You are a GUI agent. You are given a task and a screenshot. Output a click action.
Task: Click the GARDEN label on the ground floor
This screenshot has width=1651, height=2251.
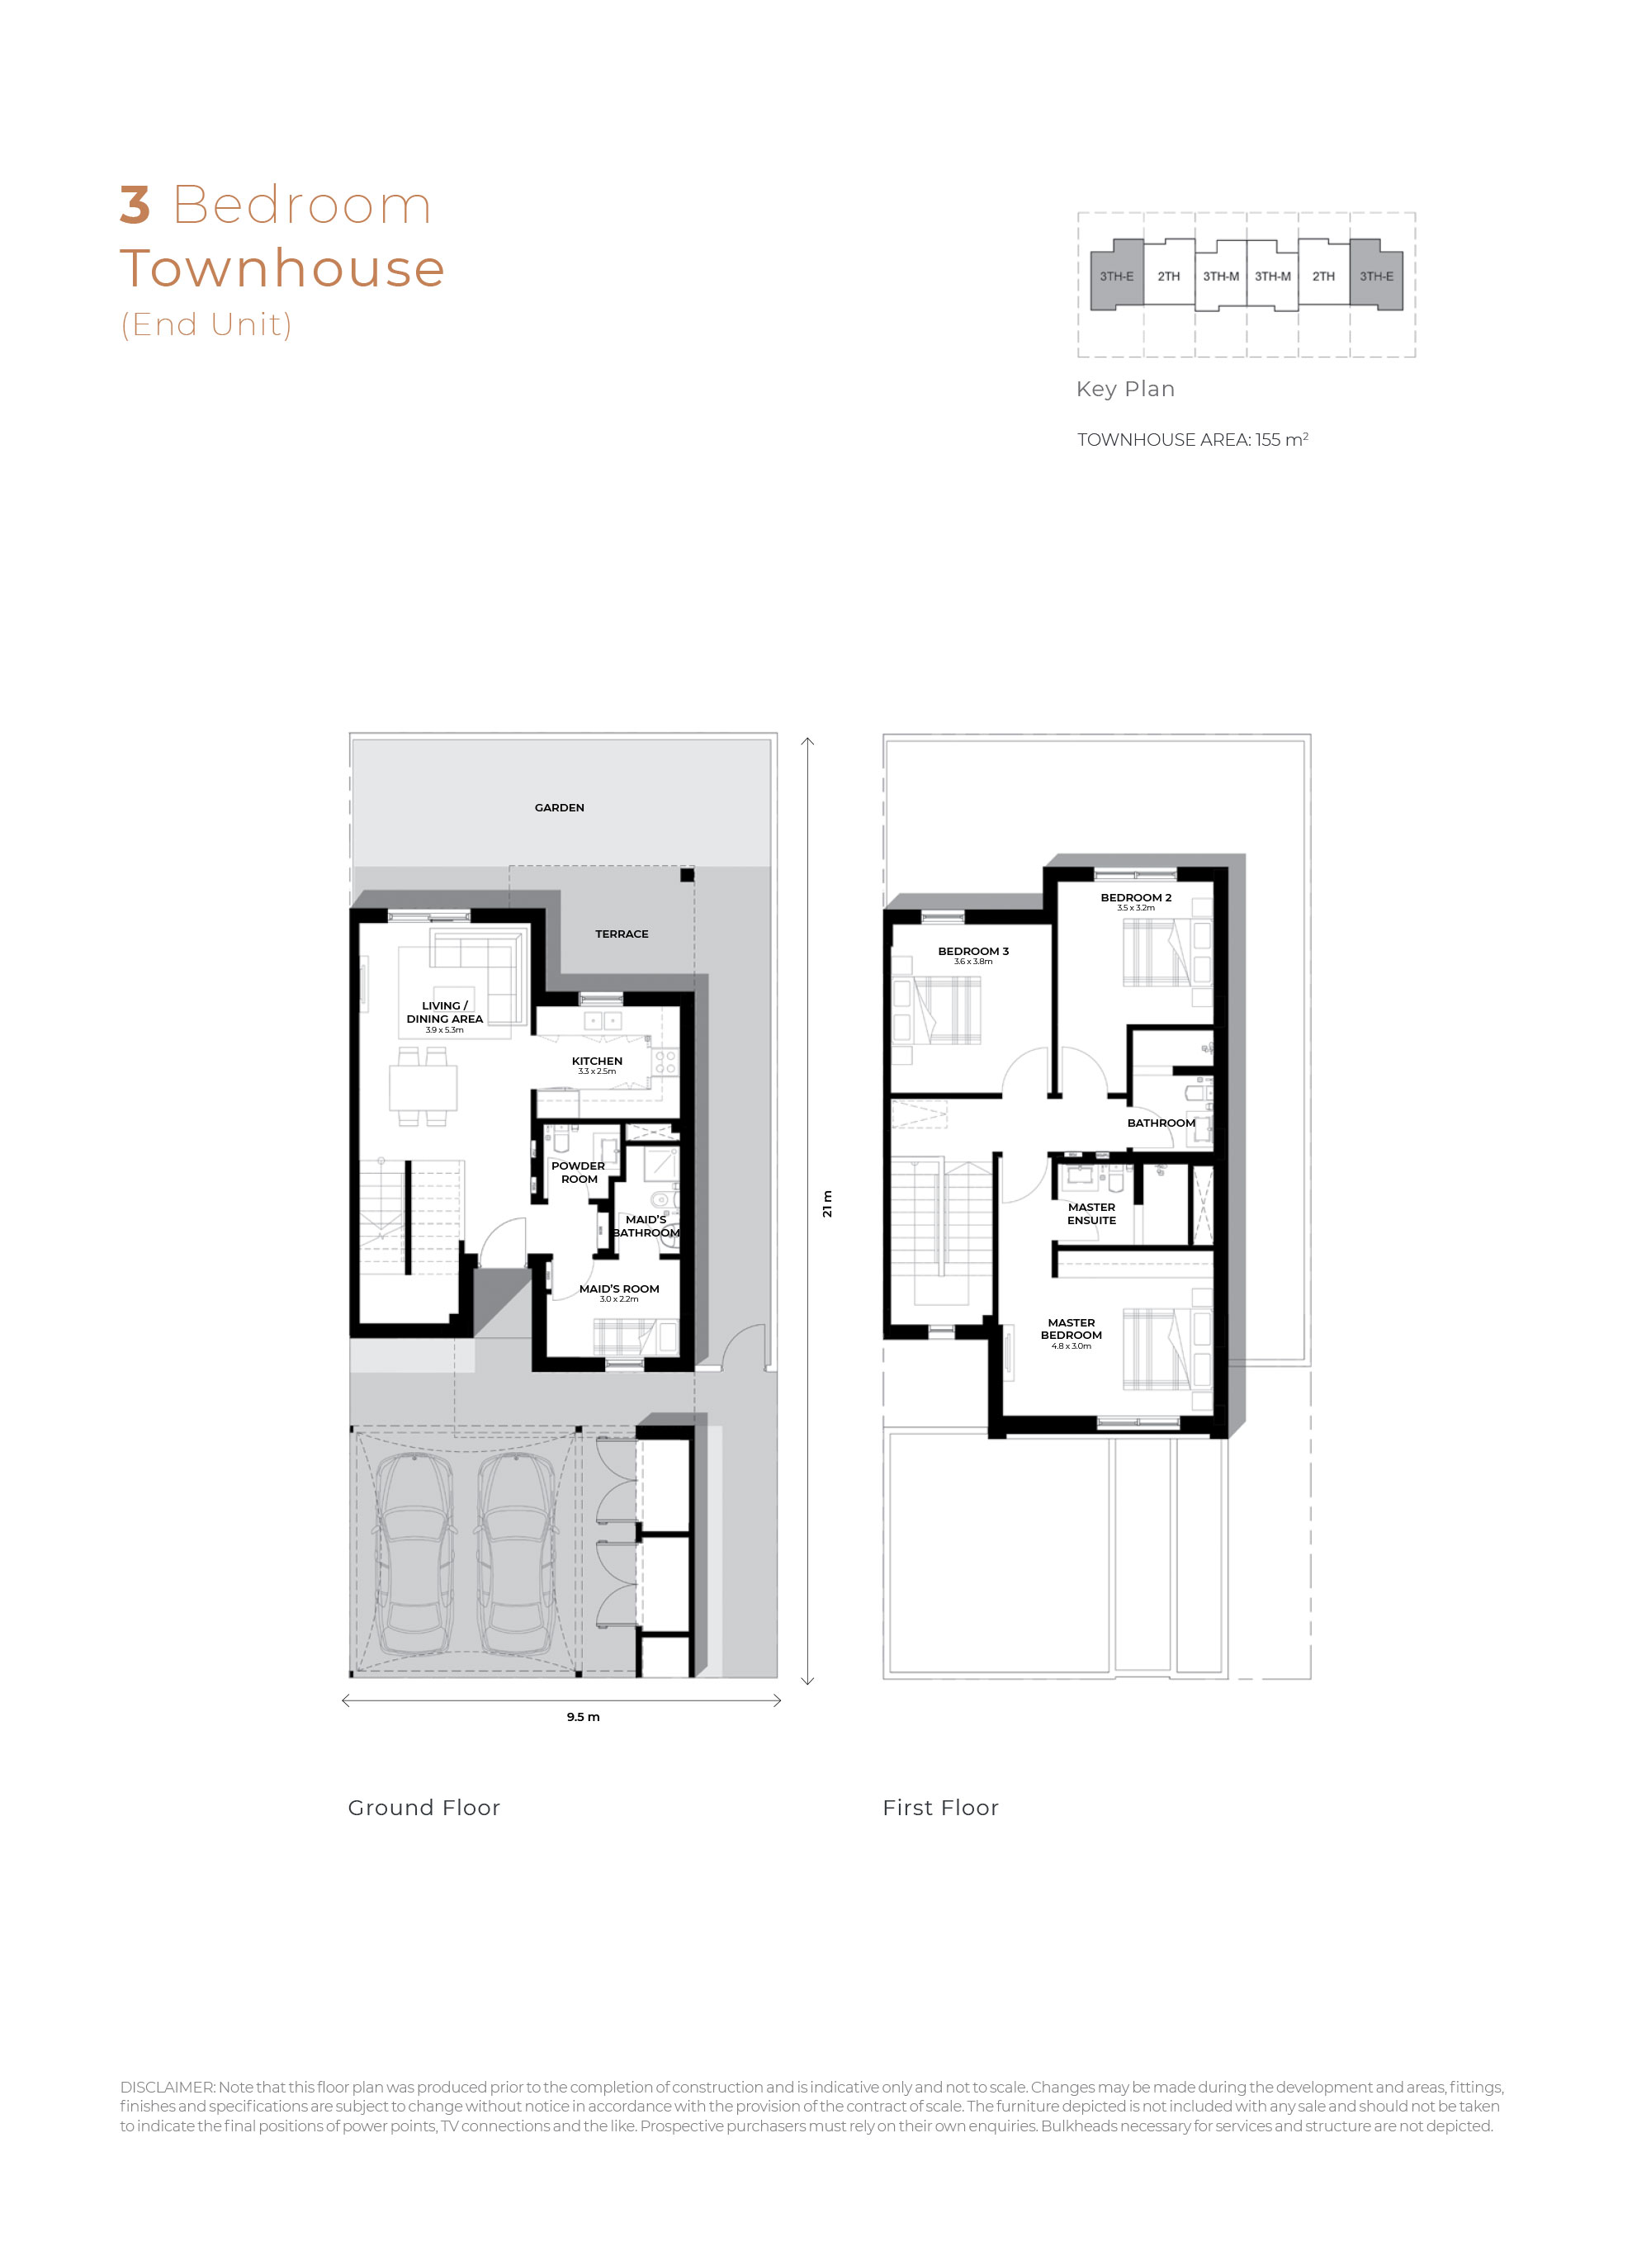[559, 807]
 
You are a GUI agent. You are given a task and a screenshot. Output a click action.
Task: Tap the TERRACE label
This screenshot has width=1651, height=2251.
[622, 934]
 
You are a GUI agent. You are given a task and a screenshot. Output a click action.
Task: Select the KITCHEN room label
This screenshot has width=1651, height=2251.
[597, 1061]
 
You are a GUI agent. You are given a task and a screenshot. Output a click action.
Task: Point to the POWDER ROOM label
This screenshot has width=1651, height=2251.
[578, 1172]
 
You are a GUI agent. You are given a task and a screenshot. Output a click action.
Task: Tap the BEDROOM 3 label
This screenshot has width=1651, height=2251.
[972, 951]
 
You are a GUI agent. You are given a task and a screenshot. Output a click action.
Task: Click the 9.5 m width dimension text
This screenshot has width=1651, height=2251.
[583, 1716]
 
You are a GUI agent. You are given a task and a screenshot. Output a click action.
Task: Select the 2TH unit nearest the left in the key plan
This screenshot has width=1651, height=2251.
[1168, 277]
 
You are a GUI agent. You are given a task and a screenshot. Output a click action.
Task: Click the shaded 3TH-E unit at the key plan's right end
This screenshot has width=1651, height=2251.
[1375, 277]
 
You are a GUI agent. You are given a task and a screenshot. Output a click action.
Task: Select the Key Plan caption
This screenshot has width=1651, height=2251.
[1125, 389]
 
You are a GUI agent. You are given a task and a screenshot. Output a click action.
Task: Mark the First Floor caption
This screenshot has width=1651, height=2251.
[939, 1808]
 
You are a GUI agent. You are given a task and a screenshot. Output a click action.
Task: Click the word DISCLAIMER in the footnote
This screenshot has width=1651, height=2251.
[167, 2087]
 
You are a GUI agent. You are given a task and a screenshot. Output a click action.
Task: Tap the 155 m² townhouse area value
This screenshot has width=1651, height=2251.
[1281, 440]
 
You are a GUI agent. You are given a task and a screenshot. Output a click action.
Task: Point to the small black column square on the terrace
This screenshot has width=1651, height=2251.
[687, 875]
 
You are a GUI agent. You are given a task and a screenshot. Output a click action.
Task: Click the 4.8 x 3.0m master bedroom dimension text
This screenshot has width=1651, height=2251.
[1071, 1345]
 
